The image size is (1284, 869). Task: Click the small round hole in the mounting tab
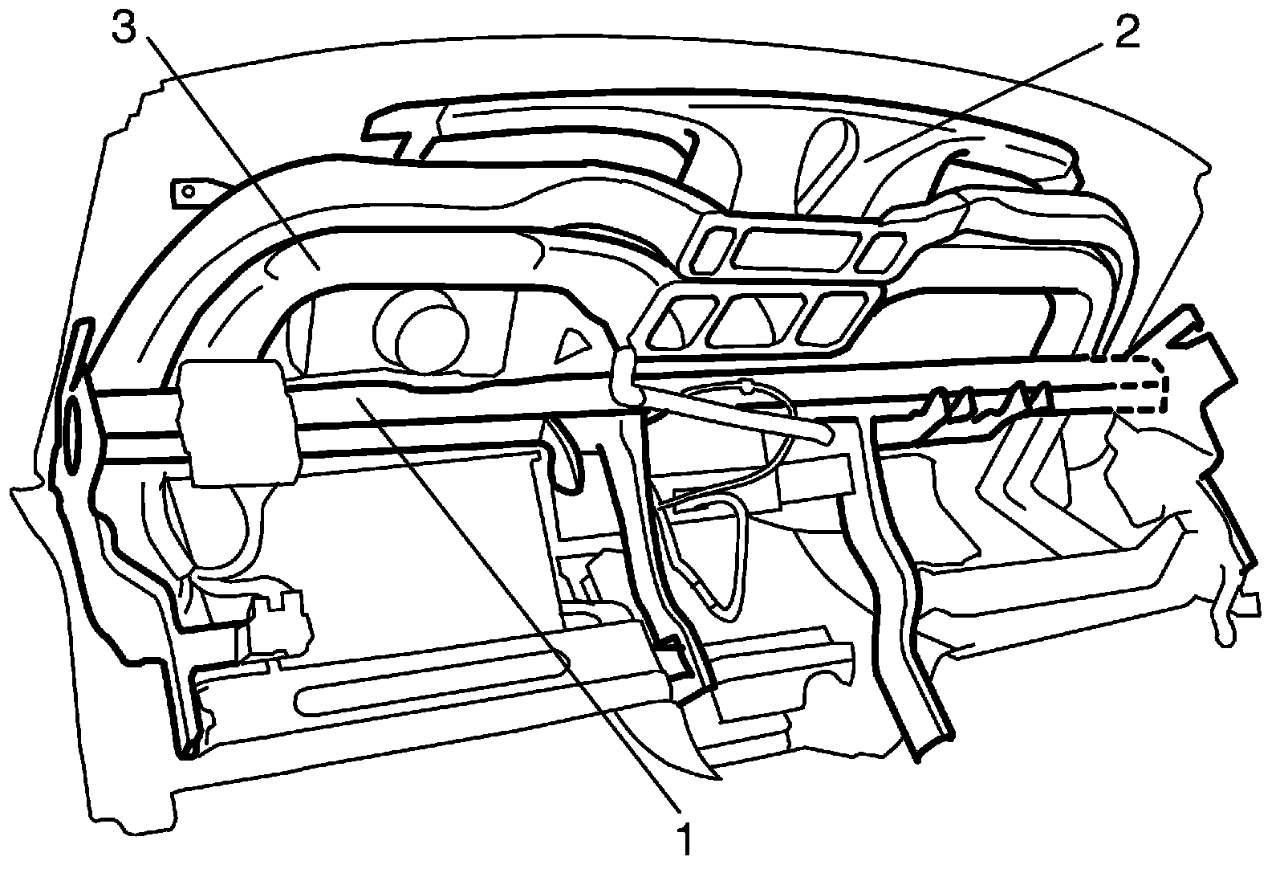[x=188, y=193]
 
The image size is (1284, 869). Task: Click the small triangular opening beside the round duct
[x=573, y=343]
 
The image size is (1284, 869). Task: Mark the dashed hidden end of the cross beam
[x=1140, y=383]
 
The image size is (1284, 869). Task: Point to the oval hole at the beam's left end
[x=72, y=425]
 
